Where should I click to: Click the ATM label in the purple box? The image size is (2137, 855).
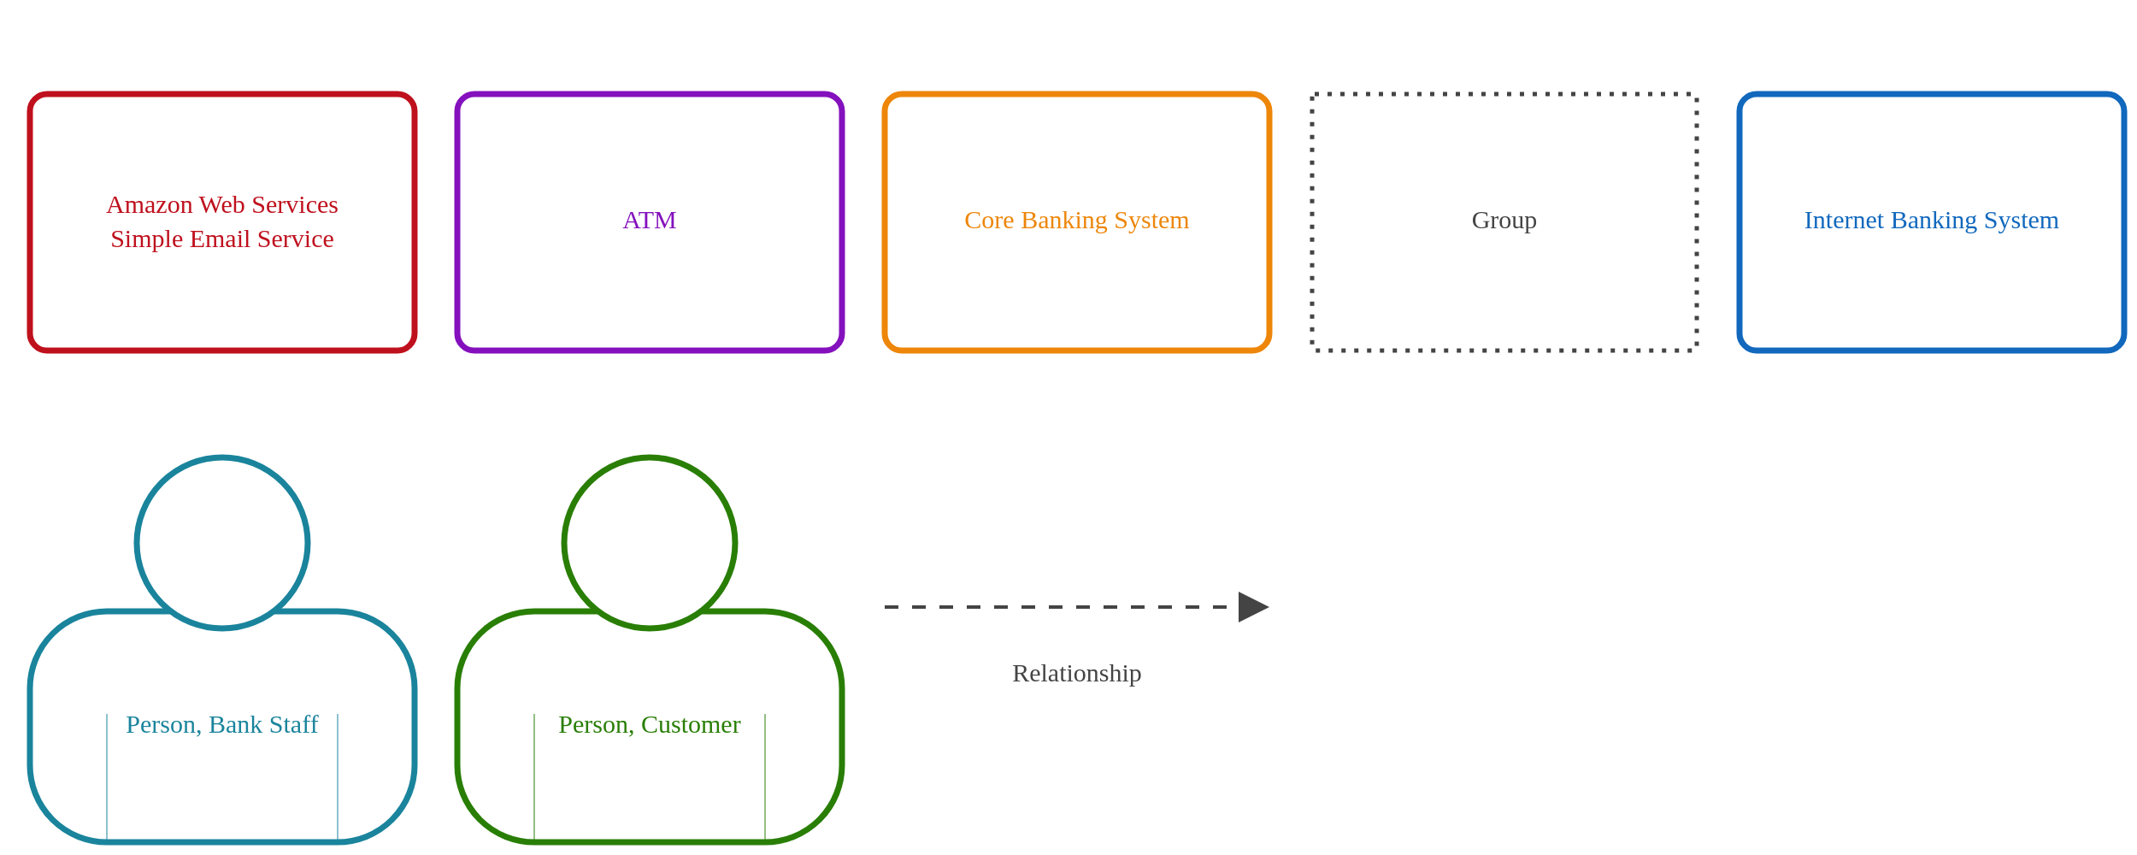[649, 221]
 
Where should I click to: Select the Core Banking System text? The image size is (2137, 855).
[1076, 221]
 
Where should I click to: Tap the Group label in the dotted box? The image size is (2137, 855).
[1504, 221]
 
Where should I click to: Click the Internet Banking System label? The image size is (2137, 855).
[1931, 221]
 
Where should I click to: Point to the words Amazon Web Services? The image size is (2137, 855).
[222, 205]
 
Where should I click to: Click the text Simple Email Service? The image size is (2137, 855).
[222, 239]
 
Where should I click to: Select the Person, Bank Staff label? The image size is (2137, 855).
[222, 725]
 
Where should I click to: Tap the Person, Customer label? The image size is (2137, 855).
[649, 725]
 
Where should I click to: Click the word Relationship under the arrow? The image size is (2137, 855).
[1076, 674]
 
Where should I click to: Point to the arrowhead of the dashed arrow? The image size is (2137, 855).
[1251, 607]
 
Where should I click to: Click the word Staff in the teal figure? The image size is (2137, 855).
[293, 725]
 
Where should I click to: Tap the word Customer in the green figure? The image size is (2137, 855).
[691, 725]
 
